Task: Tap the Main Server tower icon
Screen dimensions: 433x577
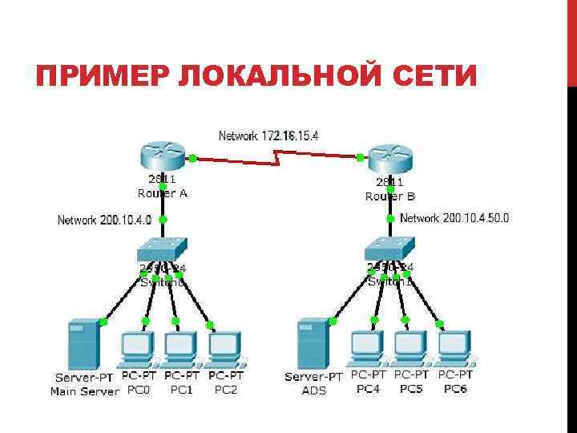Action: [x=83, y=343]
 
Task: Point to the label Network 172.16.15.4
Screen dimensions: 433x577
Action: [x=268, y=136]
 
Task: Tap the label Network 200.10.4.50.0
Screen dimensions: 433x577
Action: [x=454, y=217]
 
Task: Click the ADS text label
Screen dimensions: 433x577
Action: [x=313, y=390]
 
